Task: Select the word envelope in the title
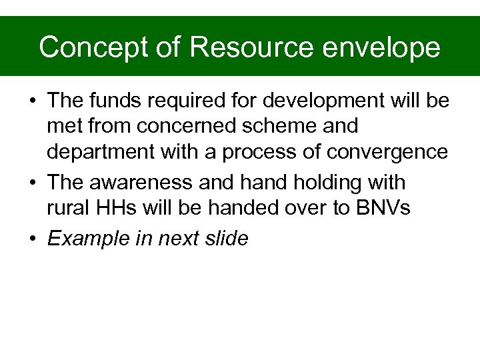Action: [x=385, y=48]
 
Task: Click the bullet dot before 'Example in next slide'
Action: [x=32, y=238]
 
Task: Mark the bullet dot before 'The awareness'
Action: [x=32, y=182]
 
